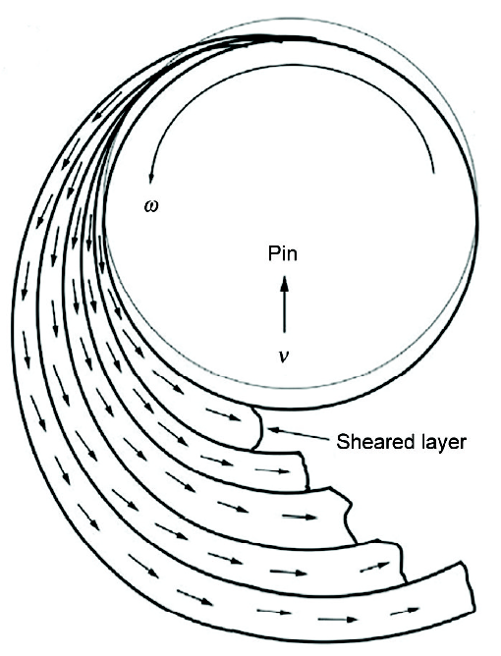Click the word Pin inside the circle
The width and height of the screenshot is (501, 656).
tap(283, 253)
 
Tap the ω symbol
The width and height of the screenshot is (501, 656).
tap(151, 206)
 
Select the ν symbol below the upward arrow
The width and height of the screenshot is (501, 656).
tap(284, 356)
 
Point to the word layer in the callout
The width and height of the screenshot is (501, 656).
tap(436, 442)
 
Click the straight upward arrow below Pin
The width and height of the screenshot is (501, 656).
tap(284, 304)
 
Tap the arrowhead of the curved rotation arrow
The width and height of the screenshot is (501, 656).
tap(150, 178)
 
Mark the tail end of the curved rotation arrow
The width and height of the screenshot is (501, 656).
tap(434, 172)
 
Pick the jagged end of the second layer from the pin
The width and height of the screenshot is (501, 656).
tap(305, 469)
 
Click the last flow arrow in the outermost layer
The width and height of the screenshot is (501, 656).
tap(405, 611)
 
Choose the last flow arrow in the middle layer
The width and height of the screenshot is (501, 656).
tap(299, 517)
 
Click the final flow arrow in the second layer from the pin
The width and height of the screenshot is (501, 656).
tap(272, 470)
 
